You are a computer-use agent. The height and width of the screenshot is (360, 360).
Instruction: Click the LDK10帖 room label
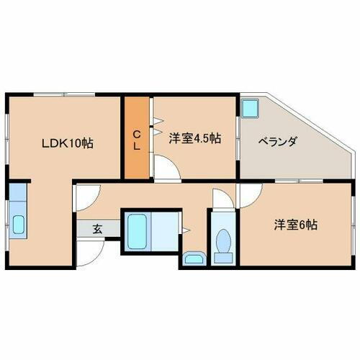pyautogui.click(x=66, y=143)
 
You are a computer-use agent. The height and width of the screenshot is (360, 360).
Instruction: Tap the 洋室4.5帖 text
pyautogui.click(x=195, y=138)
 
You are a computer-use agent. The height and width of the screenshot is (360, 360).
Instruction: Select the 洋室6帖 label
pyautogui.click(x=294, y=225)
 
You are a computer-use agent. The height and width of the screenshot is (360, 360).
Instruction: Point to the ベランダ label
pyautogui.click(x=278, y=141)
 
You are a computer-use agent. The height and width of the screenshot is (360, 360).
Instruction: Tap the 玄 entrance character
pyautogui.click(x=96, y=230)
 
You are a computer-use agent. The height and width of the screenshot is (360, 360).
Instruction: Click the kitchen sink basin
pyautogui.click(x=18, y=225)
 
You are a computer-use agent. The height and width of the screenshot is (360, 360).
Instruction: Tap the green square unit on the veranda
pyautogui.click(x=250, y=108)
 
